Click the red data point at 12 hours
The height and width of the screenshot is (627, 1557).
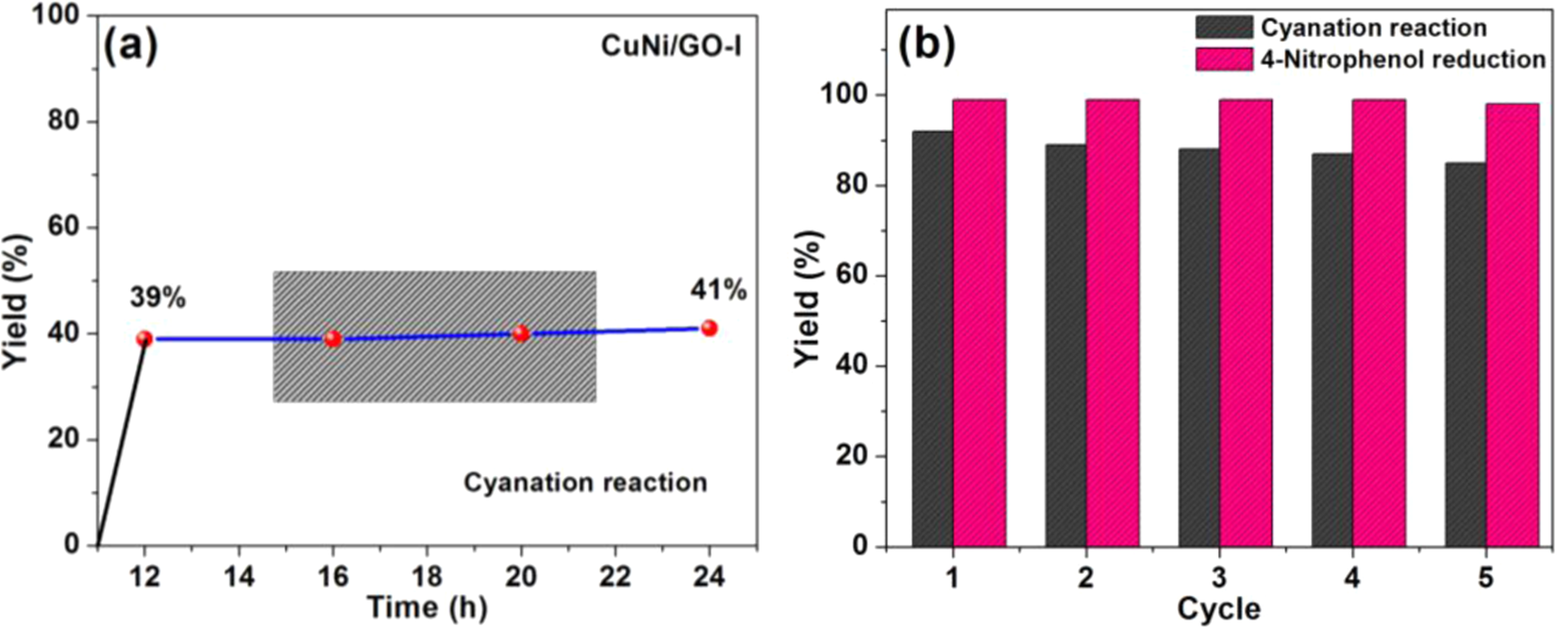[144, 338]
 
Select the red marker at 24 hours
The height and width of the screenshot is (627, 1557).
[709, 328]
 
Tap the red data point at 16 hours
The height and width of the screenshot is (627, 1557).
[332, 338]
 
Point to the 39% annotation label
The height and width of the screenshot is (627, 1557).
[158, 298]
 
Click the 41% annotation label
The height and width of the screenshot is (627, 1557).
[718, 290]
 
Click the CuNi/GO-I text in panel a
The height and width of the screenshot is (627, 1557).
[671, 45]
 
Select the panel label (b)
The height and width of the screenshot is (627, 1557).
[927, 45]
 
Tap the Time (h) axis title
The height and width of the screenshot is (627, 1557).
[427, 607]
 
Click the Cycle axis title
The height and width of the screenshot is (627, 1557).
[1218, 608]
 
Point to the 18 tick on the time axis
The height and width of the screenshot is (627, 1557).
[427, 576]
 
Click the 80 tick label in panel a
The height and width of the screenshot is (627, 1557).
[68, 122]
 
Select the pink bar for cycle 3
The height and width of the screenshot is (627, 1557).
[1245, 322]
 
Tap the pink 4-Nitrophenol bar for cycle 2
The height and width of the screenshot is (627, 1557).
[1112, 322]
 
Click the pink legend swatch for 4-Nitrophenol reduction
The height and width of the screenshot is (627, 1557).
[1224, 59]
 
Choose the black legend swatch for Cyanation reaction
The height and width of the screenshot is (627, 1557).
[1224, 27]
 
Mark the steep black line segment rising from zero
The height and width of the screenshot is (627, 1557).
[122, 441]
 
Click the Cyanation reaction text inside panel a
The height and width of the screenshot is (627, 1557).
[585, 483]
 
